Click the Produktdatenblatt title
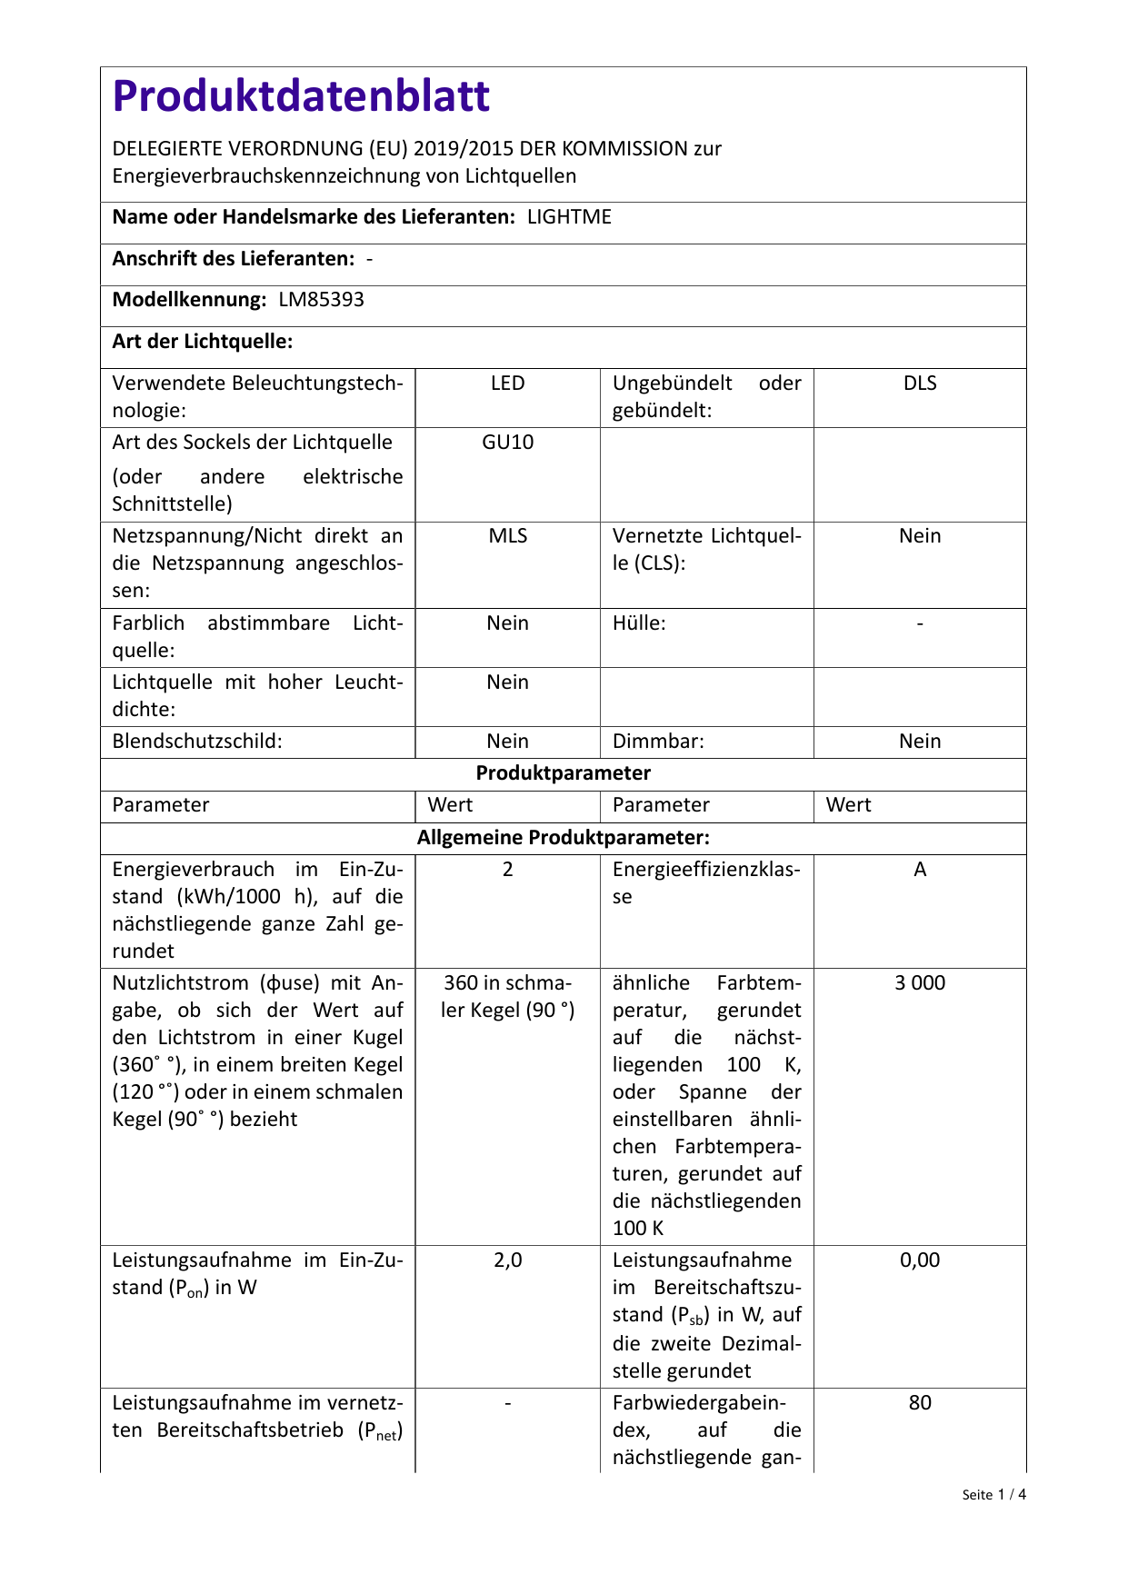pos(301,96)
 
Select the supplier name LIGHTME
pos(569,217)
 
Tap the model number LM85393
pos(321,300)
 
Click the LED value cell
pos(507,384)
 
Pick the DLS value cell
pos(920,384)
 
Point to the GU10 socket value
pos(507,443)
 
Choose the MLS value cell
pos(507,536)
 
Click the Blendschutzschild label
pos(197,742)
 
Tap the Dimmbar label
pos(658,742)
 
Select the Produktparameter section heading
pos(564,773)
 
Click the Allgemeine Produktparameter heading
pos(564,837)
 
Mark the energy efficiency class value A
pos(920,870)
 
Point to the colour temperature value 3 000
pos(920,983)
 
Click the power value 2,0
pos(507,1260)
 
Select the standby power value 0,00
pos(920,1260)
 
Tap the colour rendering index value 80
pos(920,1403)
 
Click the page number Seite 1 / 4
pos(993,1495)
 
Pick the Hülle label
pos(639,623)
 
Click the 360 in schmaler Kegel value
pos(507,997)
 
